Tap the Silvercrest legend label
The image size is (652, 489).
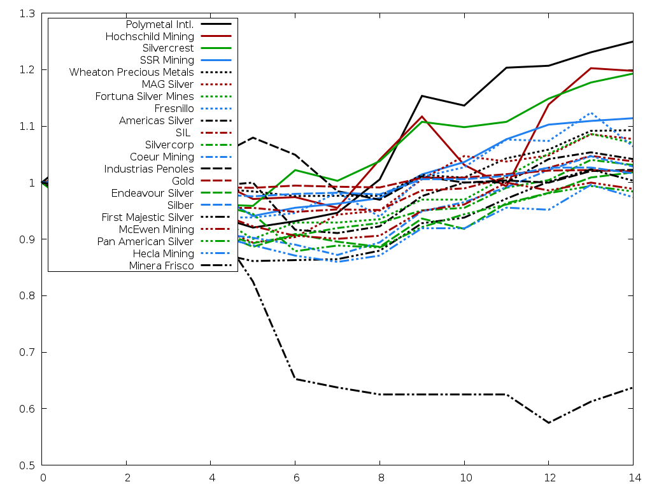pos(168,48)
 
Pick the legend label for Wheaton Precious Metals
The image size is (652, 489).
pos(132,73)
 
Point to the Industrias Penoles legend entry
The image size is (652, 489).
pos(149,169)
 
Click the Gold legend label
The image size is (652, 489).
pos(183,181)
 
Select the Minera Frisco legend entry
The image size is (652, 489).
pos(161,266)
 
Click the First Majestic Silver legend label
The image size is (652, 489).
pos(148,218)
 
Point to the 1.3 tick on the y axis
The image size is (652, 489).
pos(27,13)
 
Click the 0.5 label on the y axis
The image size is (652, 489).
pos(27,465)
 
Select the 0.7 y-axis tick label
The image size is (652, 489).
pos(27,352)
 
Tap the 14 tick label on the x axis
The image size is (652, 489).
pos(633,478)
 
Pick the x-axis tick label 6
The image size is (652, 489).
pos(295,478)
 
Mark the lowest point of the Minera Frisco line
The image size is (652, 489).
pos(548,423)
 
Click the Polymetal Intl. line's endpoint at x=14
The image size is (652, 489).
pos(633,41)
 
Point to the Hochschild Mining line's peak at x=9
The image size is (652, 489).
pos(422,117)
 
